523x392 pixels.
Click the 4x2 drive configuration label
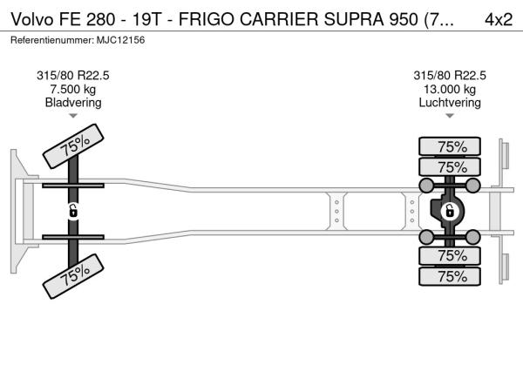pyautogui.click(x=499, y=19)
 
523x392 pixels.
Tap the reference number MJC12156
pyautogui.click(x=121, y=40)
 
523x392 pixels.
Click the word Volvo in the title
pyautogui.click(x=32, y=19)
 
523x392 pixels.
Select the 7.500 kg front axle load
pyautogui.click(x=73, y=89)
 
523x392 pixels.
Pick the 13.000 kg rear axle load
pyautogui.click(x=450, y=89)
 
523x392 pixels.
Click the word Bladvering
pyautogui.click(x=73, y=102)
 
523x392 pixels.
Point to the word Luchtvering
pyautogui.click(x=450, y=102)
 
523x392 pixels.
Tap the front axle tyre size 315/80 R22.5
pyautogui.click(x=73, y=76)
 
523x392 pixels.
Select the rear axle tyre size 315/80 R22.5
pyautogui.click(x=450, y=76)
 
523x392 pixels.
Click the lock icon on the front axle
pyautogui.click(x=73, y=211)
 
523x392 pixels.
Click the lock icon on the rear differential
pyautogui.click(x=449, y=211)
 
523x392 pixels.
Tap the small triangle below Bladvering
pyautogui.click(x=73, y=116)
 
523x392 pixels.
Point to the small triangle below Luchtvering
pyautogui.click(x=450, y=116)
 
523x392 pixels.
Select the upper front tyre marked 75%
pyautogui.click(x=73, y=146)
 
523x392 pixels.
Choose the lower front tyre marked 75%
pyautogui.click(x=73, y=276)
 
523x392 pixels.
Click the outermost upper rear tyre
pyautogui.click(x=450, y=146)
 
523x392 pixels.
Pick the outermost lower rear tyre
pyautogui.click(x=450, y=276)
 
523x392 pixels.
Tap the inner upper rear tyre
pyautogui.click(x=450, y=166)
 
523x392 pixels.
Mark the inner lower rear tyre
pyautogui.click(x=450, y=256)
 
